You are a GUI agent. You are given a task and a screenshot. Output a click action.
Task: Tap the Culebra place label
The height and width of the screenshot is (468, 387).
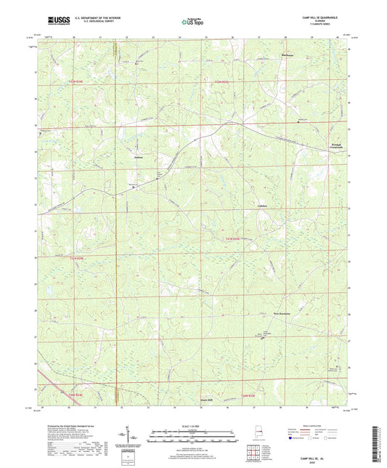[263, 206]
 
